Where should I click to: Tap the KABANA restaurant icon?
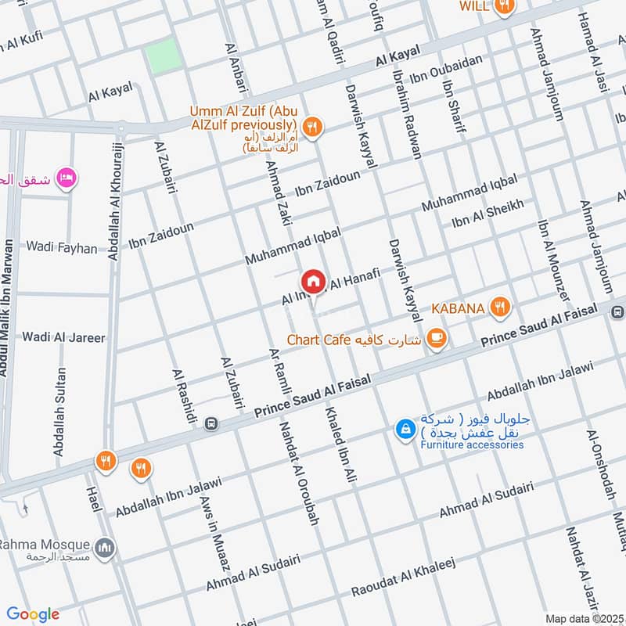click(499, 308)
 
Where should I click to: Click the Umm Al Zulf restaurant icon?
click(312, 127)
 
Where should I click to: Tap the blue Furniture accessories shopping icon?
click(405, 429)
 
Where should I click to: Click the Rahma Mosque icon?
click(105, 548)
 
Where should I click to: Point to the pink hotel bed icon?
click(67, 178)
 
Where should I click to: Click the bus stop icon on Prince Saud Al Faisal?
click(210, 423)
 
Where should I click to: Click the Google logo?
click(33, 614)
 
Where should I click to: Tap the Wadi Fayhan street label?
click(62, 248)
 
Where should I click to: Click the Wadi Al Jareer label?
click(63, 337)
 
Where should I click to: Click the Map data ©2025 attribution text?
click(583, 618)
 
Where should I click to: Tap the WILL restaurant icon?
click(505, 6)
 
